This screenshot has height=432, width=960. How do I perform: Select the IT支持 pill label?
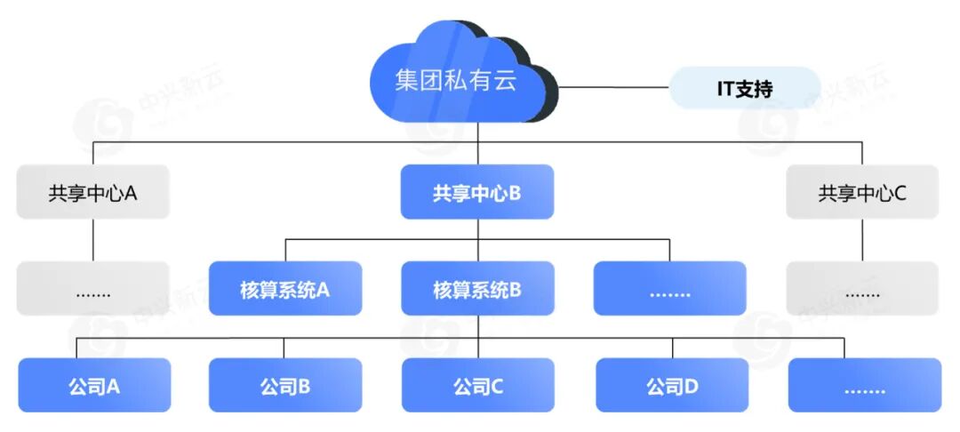[x=744, y=88]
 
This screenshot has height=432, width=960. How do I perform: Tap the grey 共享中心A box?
[x=92, y=192]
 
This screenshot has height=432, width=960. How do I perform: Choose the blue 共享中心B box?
[x=477, y=192]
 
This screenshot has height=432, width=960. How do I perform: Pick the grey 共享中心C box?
[x=862, y=192]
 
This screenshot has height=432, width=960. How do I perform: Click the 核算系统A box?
[x=285, y=288]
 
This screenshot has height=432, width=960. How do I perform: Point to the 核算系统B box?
[x=477, y=288]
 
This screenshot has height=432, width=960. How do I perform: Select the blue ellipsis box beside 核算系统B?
[x=670, y=288]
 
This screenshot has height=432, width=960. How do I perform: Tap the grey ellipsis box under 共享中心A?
[x=92, y=288]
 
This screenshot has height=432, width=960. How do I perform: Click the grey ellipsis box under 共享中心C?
[x=862, y=288]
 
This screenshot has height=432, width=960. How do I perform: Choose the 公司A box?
[x=94, y=386]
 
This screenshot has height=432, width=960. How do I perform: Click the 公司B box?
[x=285, y=386]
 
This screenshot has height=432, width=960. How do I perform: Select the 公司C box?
[x=477, y=386]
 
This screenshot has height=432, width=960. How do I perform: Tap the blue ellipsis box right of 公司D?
[x=864, y=386]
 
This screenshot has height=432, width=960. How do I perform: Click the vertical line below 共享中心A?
[x=92, y=240]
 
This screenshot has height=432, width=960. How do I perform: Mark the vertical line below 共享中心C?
[x=862, y=240]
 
